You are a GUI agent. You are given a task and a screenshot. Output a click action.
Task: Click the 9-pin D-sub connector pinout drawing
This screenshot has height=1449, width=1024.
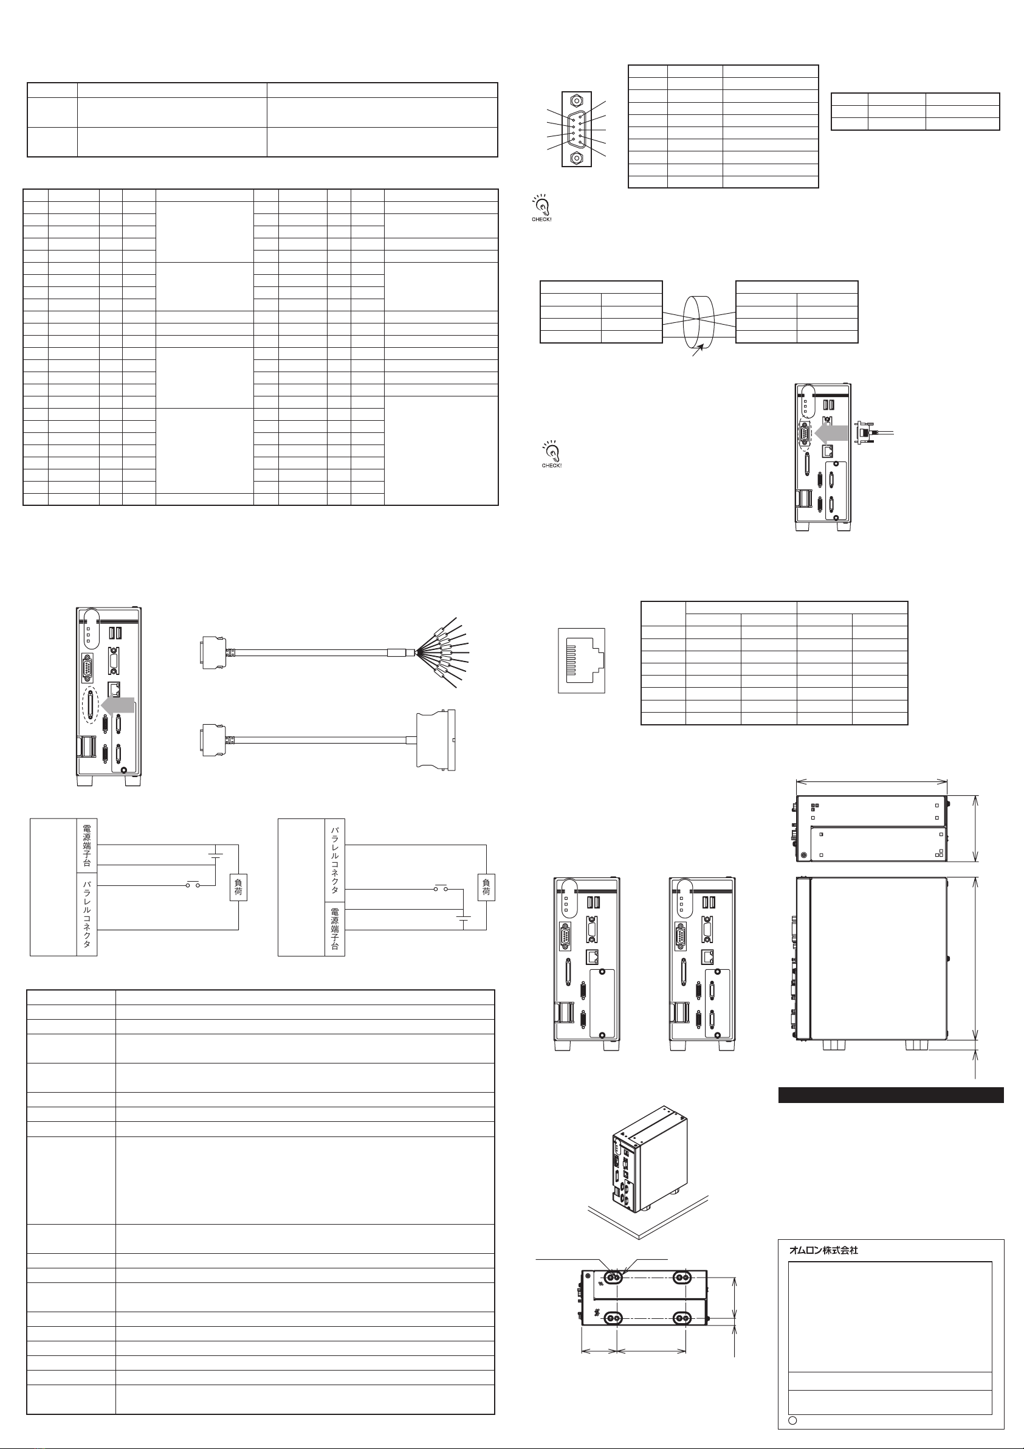[x=577, y=130]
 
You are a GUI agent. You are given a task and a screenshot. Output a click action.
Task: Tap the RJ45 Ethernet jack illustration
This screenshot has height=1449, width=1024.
[x=582, y=660]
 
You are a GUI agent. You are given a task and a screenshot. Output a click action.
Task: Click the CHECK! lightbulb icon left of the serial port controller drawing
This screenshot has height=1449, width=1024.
[x=551, y=454]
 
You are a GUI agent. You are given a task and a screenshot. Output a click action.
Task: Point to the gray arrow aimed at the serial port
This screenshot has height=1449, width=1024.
[x=831, y=434]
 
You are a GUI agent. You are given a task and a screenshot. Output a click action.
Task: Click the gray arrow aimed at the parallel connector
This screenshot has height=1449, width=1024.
[x=118, y=705]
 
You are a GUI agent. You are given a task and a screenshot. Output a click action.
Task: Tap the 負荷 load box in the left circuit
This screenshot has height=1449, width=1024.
[x=238, y=888]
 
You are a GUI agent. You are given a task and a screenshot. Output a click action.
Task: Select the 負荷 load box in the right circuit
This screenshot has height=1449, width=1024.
[x=486, y=888]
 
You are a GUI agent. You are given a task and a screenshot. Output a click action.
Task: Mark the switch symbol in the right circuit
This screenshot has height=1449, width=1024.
[x=441, y=889]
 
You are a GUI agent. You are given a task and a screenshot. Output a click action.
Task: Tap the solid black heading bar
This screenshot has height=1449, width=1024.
[x=891, y=1095]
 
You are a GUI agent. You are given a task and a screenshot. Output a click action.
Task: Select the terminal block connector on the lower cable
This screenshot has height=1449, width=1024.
[x=435, y=739]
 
